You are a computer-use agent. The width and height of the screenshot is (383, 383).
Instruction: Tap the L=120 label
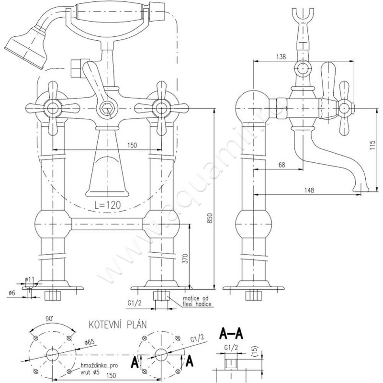pyautogui.click(x=107, y=205)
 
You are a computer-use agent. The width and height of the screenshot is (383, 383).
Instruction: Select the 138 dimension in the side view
pyautogui.click(x=281, y=57)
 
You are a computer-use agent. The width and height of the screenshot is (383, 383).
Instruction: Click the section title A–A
pyautogui.click(x=231, y=332)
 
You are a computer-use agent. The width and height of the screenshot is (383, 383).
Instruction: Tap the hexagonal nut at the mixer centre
pyautogui.click(x=108, y=110)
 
